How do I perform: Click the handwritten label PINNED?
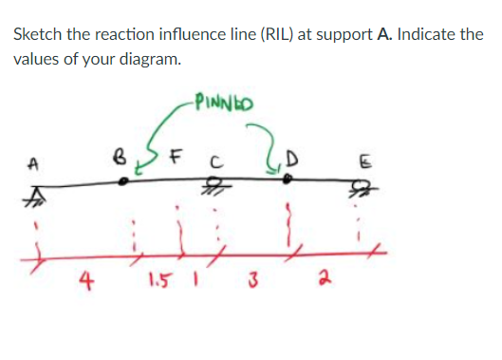[219, 98]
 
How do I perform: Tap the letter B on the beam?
[120, 150]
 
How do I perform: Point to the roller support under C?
[218, 187]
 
